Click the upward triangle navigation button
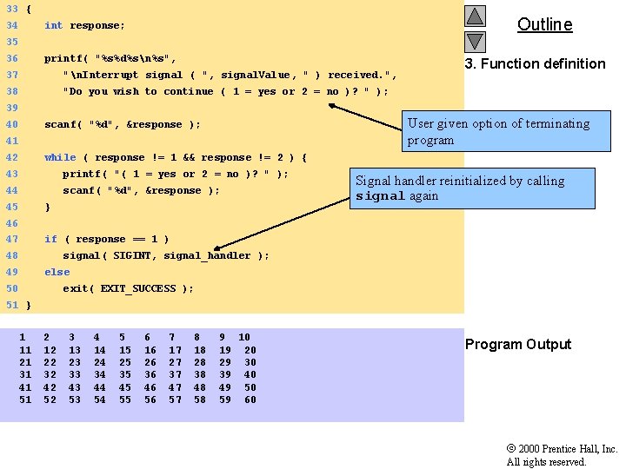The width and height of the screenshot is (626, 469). (x=475, y=16)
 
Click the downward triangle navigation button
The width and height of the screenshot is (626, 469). (x=475, y=41)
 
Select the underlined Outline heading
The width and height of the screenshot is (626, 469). (x=544, y=24)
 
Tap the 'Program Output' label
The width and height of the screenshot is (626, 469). (x=518, y=345)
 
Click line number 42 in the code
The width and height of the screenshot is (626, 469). (x=11, y=157)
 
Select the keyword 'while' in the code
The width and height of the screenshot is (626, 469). (x=60, y=157)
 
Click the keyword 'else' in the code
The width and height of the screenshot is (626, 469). (x=57, y=272)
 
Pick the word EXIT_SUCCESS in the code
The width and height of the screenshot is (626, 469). (x=138, y=288)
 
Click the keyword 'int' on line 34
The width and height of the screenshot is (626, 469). (x=53, y=25)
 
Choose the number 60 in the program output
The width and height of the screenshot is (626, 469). (x=250, y=400)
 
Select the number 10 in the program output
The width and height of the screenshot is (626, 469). (x=244, y=337)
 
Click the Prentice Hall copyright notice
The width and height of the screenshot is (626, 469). (x=562, y=455)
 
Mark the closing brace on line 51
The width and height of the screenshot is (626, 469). (x=28, y=305)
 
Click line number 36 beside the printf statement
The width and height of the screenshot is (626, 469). (x=11, y=58)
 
